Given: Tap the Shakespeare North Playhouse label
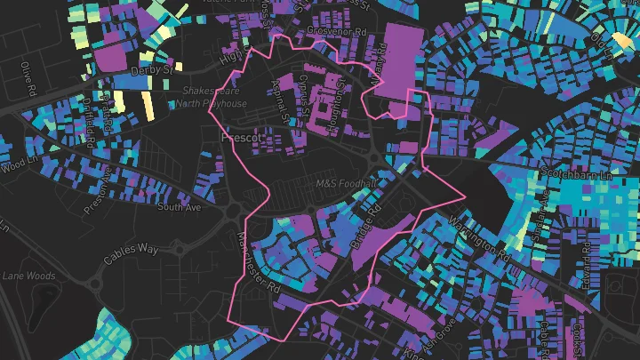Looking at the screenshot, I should point(212,97).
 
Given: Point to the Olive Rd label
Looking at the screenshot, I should point(28,79).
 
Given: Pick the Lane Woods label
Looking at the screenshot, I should point(28,276).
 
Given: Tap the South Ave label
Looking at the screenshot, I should point(179,207).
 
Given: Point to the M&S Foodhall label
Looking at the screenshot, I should point(346,182).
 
